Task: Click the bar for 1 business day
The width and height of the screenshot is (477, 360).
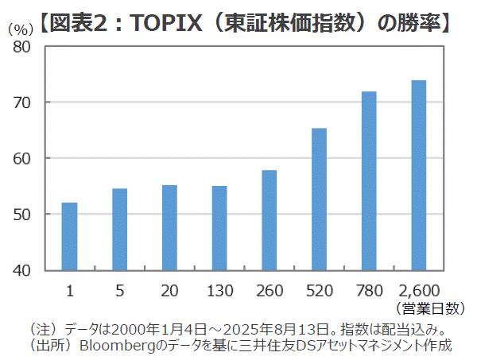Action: tap(70, 236)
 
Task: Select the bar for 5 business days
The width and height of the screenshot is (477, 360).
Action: tap(119, 229)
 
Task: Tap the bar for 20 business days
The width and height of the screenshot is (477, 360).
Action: tap(169, 227)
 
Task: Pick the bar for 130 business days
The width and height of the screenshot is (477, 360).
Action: tap(219, 228)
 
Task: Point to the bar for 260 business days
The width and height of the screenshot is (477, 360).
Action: tap(269, 220)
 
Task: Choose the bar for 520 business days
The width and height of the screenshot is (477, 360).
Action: tap(319, 199)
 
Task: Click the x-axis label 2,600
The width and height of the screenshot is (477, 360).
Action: tap(418, 289)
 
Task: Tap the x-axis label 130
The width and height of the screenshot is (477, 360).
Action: tap(219, 289)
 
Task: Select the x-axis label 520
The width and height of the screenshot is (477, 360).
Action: tap(319, 289)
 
